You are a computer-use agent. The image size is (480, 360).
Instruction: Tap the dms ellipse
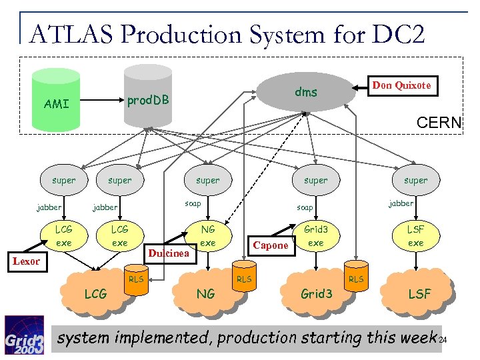(306, 91)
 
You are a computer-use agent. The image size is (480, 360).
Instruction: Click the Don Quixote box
(401, 85)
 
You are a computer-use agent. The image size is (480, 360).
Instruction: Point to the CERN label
(438, 123)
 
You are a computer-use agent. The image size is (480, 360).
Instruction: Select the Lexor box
(26, 261)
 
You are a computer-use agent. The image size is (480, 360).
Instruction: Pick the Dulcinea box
(169, 253)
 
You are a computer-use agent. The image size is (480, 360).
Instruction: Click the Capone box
(270, 245)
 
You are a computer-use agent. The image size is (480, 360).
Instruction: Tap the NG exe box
(208, 236)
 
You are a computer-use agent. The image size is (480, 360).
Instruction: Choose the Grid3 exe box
(315, 236)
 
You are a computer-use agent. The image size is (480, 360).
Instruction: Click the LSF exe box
(415, 236)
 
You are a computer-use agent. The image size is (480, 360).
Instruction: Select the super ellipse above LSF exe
(415, 180)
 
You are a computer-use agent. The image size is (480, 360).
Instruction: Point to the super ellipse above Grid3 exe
(315, 180)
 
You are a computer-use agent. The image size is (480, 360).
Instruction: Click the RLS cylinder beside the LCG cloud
(136, 280)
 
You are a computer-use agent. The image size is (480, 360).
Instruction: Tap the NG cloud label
(205, 293)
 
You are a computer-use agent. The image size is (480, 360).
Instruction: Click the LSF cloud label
(419, 293)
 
